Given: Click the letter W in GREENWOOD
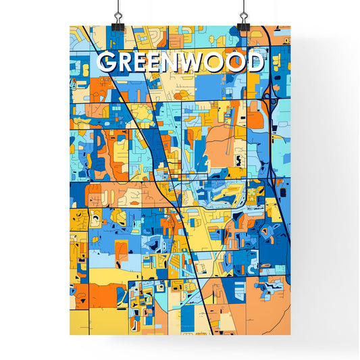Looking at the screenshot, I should pyautogui.click(x=201, y=63).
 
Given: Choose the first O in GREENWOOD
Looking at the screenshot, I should pyautogui.click(x=225, y=63).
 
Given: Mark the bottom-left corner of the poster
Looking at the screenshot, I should pyautogui.click(x=70, y=335).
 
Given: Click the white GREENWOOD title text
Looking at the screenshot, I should pyautogui.click(x=180, y=63).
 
